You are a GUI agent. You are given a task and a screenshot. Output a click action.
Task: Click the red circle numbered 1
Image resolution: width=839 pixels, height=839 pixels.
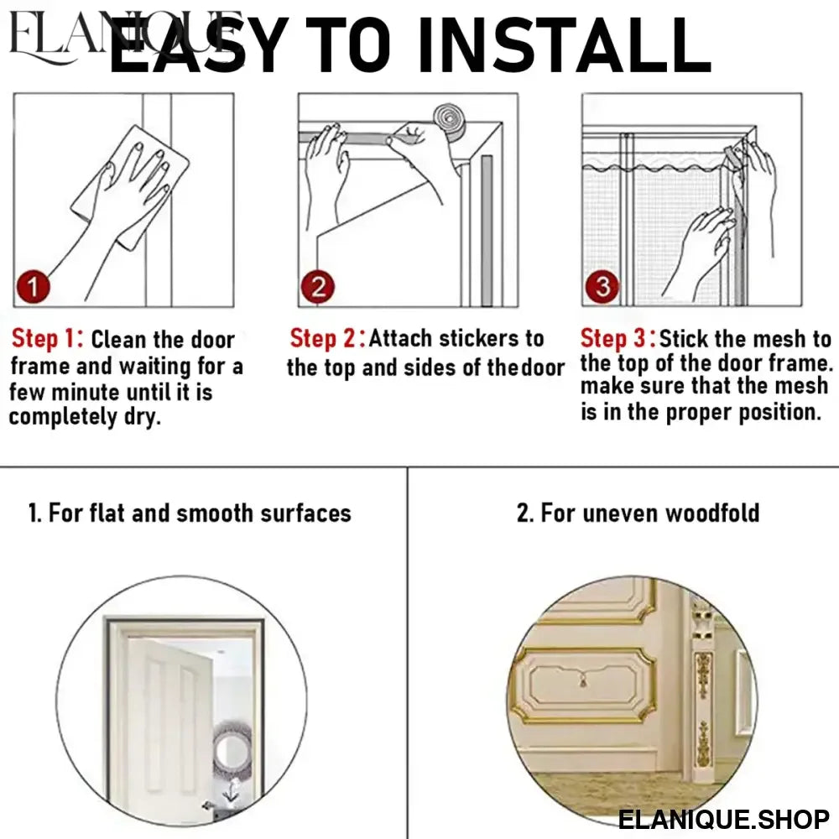click(34, 287)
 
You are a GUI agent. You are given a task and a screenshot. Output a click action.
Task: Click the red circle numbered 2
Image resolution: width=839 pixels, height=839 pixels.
click(318, 287)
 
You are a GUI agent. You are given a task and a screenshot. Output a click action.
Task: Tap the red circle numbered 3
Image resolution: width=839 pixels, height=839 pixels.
click(602, 287)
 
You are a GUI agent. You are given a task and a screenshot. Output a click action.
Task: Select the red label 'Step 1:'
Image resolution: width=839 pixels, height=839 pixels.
click(48, 339)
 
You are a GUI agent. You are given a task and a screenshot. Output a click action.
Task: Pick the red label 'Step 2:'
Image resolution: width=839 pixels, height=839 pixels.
click(327, 338)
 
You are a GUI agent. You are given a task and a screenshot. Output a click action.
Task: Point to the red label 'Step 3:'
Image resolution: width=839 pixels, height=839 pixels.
click(618, 338)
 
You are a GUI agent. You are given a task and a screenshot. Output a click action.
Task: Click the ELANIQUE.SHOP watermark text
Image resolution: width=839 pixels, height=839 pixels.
click(723, 819)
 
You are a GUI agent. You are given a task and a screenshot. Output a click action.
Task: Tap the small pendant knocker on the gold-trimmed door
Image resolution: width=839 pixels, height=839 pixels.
click(583, 681)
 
